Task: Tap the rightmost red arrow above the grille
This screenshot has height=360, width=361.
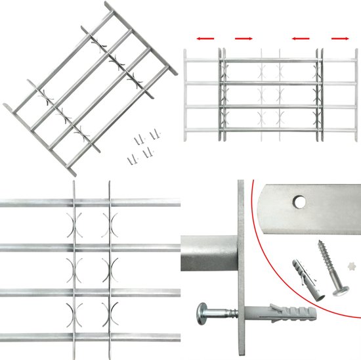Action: [340, 38]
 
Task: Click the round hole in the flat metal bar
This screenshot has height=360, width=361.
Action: [299, 200]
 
